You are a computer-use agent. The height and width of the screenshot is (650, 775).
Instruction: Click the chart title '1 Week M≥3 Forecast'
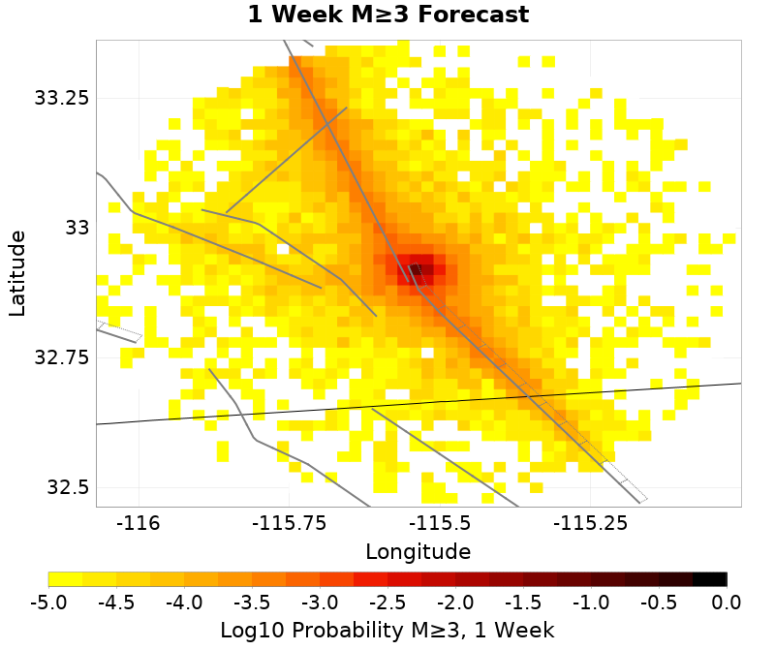pyautogui.click(x=387, y=15)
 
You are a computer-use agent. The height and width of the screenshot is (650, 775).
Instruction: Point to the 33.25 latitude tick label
pyautogui.click(x=62, y=98)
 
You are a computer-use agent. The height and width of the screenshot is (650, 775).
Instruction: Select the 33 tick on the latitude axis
pyautogui.click(x=75, y=228)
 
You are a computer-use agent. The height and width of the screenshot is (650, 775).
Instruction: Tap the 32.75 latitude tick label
pyautogui.click(x=62, y=357)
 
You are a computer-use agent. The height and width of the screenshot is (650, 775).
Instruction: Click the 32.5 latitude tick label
pyautogui.click(x=68, y=487)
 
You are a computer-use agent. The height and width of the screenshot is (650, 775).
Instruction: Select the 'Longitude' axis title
pyautogui.click(x=418, y=552)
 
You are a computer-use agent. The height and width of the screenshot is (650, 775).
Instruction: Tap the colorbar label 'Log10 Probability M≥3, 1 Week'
pyautogui.click(x=387, y=631)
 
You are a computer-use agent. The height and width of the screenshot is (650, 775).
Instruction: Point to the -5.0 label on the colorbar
pyautogui.click(x=48, y=604)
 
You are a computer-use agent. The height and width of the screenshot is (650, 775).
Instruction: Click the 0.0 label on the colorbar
pyautogui.click(x=727, y=604)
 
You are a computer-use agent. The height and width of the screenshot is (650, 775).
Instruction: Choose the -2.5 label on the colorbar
pyautogui.click(x=387, y=604)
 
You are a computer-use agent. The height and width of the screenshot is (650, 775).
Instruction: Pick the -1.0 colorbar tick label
pyautogui.click(x=591, y=604)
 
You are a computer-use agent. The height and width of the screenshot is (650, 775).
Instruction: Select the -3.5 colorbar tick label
pyautogui.click(x=252, y=604)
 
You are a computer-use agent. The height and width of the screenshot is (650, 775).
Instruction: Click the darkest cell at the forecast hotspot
pyautogui.click(x=415, y=269)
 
